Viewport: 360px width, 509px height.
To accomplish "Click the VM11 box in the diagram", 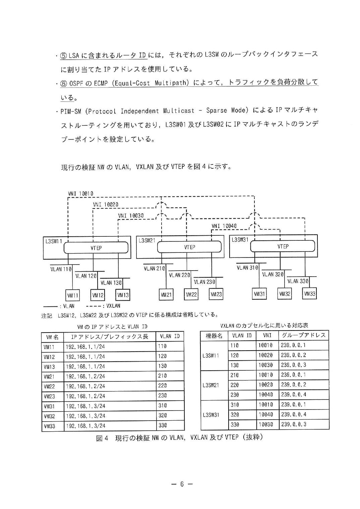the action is (72, 295).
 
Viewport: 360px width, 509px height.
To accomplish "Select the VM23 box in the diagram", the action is (216, 294).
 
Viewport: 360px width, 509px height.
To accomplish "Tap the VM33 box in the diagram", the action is (309, 294).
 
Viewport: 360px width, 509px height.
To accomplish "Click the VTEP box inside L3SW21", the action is (189, 247).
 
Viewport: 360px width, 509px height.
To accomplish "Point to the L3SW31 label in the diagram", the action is (240, 240).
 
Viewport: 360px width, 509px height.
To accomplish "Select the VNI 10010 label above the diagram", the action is (80, 194).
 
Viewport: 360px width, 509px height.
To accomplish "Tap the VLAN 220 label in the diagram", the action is (179, 275).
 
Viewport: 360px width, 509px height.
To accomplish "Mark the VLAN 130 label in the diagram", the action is (111, 283).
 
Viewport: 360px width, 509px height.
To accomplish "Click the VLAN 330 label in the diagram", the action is (298, 281).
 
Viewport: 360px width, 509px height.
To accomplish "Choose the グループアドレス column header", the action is (304, 335).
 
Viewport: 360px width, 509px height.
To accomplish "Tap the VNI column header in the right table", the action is (267, 335).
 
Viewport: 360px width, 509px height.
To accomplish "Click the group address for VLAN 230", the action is (294, 395).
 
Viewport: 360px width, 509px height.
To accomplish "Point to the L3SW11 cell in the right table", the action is (211, 355).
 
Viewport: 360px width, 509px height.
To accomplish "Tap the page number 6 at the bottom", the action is (182, 484).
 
